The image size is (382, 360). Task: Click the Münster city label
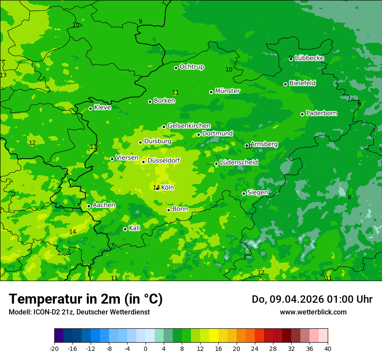pyautogui.click(x=227, y=91)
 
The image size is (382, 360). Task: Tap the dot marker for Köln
pyautogui.click(x=158, y=188)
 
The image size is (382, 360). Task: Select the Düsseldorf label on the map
pyautogui.click(x=164, y=160)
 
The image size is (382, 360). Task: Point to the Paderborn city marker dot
pyautogui.click(x=303, y=114)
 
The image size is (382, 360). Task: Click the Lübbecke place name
pyautogui.click(x=310, y=58)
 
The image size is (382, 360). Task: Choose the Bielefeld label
pyautogui.click(x=303, y=83)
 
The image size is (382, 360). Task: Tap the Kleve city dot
pyautogui.click(x=90, y=108)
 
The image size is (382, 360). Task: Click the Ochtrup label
pyautogui.click(x=192, y=67)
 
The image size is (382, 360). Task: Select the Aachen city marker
pyautogui.click(x=89, y=206)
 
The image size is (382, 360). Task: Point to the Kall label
pyautogui.click(x=135, y=228)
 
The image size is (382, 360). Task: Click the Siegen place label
pyautogui.click(x=258, y=193)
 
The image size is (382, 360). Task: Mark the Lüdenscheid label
pyautogui.click(x=239, y=163)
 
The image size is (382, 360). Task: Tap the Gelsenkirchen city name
pyautogui.click(x=189, y=126)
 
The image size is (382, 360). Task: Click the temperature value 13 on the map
pyautogui.click(x=3, y=75)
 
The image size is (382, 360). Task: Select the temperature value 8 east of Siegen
pyautogui.click(x=349, y=197)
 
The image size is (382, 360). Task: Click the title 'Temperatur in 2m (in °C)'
pyautogui.click(x=86, y=299)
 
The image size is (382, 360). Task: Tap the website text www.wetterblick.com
pyautogui.click(x=313, y=312)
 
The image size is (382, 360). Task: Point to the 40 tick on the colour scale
pyautogui.click(x=327, y=348)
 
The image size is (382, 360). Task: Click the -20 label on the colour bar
pyautogui.click(x=54, y=348)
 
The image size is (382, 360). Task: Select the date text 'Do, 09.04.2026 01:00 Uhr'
pyautogui.click(x=312, y=299)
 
